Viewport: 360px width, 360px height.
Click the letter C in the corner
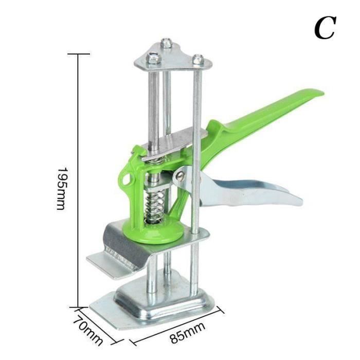325,28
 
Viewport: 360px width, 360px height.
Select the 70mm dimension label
88,330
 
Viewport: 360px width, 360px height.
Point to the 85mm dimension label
188,332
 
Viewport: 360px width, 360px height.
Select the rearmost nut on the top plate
167,43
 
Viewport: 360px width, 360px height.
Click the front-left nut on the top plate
153,58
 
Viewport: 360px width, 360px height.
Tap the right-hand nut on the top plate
198,60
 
